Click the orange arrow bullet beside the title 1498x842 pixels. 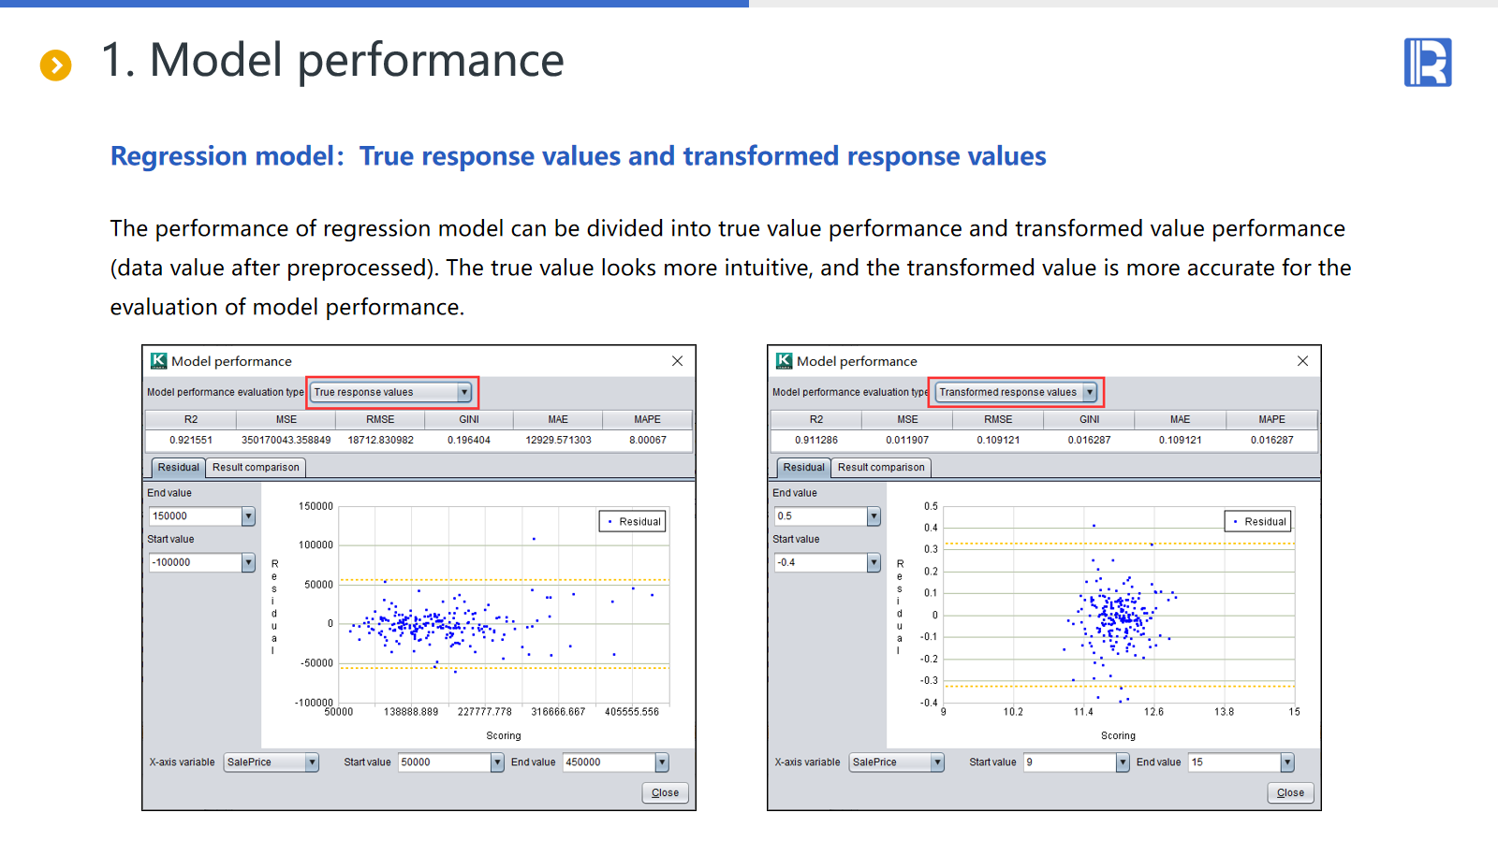coord(55,65)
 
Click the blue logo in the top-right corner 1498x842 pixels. coord(1428,62)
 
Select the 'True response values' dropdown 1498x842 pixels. coord(391,392)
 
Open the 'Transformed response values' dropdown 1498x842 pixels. coord(1015,392)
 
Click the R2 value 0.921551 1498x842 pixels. coord(191,440)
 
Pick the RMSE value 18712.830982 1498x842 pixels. coord(380,440)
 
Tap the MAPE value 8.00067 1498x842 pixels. coord(647,440)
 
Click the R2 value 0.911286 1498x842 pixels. coord(815,440)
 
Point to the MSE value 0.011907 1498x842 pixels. coord(907,440)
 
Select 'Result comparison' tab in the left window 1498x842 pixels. coord(256,467)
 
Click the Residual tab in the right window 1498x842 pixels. coord(803,467)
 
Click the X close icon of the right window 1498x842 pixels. coord(1302,361)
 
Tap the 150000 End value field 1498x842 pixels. coord(201,515)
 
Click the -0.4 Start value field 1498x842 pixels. coord(827,562)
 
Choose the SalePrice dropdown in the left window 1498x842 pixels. coord(271,762)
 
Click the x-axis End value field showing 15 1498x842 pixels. coord(1241,762)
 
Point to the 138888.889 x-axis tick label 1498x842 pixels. coord(411,712)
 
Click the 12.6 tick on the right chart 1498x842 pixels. coord(1153,712)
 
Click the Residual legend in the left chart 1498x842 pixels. coord(633,521)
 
